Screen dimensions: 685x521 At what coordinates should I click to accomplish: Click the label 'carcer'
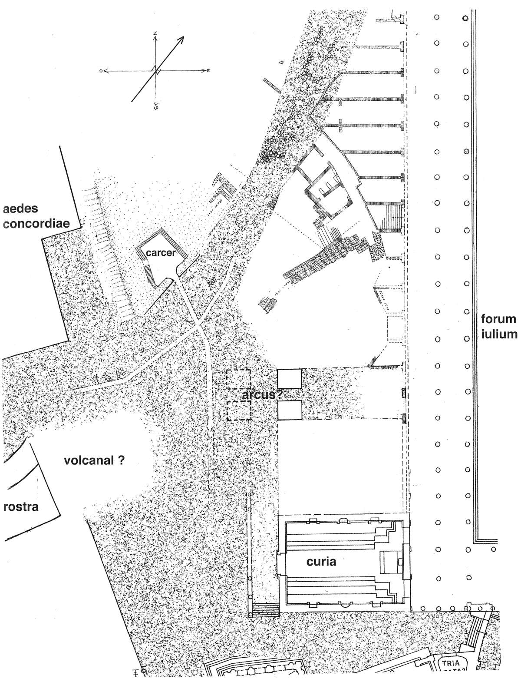point(160,253)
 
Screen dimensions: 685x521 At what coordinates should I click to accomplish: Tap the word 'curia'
point(321,562)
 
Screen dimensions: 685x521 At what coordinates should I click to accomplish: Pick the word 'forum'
point(499,320)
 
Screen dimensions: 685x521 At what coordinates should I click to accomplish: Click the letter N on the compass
point(155,34)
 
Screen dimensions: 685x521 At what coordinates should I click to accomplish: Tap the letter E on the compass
point(209,71)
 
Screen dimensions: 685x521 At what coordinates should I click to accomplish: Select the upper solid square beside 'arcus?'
point(289,379)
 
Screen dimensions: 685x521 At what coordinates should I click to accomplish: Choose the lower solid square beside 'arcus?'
point(289,410)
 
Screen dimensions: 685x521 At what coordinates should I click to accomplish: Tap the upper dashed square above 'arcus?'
point(238,379)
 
